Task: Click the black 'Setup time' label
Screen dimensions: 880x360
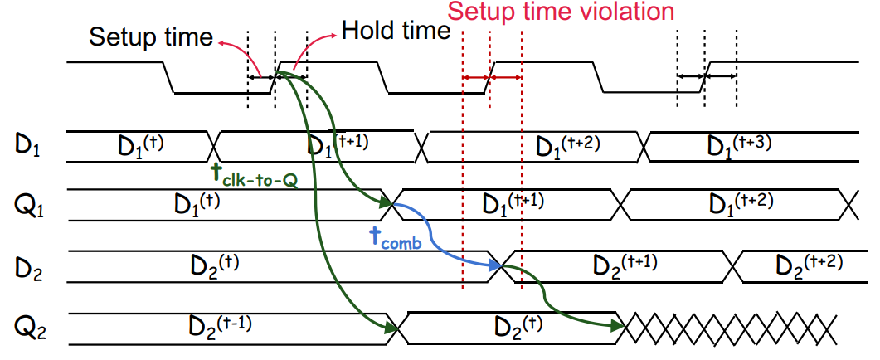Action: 151,37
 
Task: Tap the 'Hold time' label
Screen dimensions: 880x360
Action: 396,31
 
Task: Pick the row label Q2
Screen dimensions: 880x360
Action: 27,327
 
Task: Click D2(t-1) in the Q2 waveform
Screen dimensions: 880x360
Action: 217,326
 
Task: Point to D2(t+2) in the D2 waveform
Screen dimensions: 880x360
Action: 808,262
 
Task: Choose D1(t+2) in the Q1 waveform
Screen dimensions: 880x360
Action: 742,202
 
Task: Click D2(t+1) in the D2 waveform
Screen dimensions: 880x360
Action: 624,262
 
